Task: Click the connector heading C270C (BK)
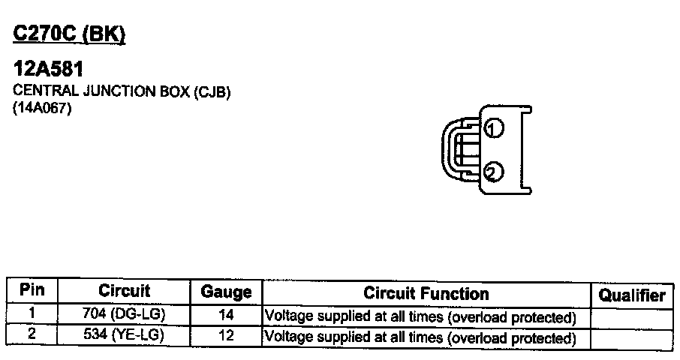tap(69, 34)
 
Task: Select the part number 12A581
tap(48, 69)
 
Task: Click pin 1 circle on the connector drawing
tap(493, 129)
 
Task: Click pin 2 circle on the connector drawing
tap(493, 173)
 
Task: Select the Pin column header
tap(32, 291)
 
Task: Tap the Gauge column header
tap(226, 292)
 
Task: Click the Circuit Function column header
tap(426, 293)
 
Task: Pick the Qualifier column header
tap(632, 295)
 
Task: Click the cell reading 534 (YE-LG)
tap(124, 335)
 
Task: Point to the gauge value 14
tap(226, 316)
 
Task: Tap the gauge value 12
tap(226, 336)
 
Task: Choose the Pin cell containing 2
tap(32, 334)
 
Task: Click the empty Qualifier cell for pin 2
tap(632, 339)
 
